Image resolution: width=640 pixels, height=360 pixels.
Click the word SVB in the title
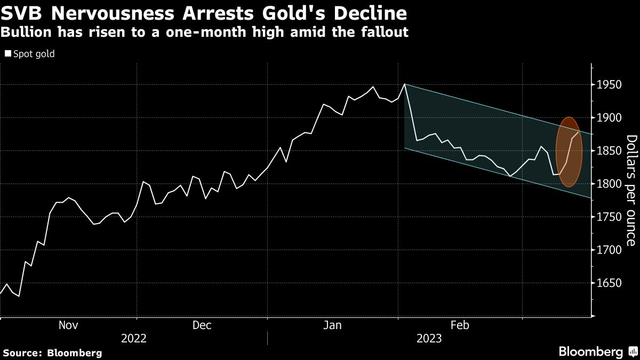tap(21, 13)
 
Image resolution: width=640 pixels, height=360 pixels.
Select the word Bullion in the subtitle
tap(25, 32)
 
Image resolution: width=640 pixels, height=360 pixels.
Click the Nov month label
tap(68, 325)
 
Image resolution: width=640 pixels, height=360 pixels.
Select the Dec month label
tap(202, 325)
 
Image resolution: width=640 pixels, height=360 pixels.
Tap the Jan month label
tap(333, 325)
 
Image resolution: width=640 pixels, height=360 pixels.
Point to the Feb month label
tap(460, 325)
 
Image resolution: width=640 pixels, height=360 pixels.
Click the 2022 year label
tap(133, 339)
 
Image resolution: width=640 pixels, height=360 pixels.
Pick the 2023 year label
tap(429, 339)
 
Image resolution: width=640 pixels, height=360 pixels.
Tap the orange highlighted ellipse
tap(569, 152)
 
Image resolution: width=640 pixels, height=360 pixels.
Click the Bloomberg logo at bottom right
tap(590, 352)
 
